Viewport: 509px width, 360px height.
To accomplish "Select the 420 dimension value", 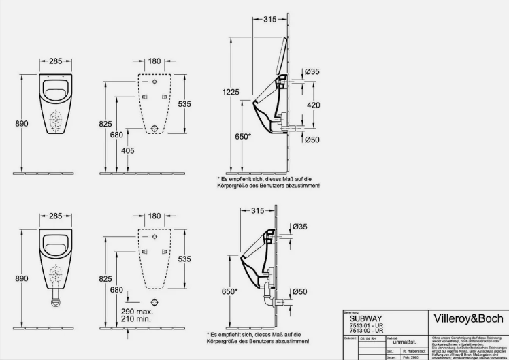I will pos(312,105).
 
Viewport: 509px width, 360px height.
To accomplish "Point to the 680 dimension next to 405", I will pos(116,135).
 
